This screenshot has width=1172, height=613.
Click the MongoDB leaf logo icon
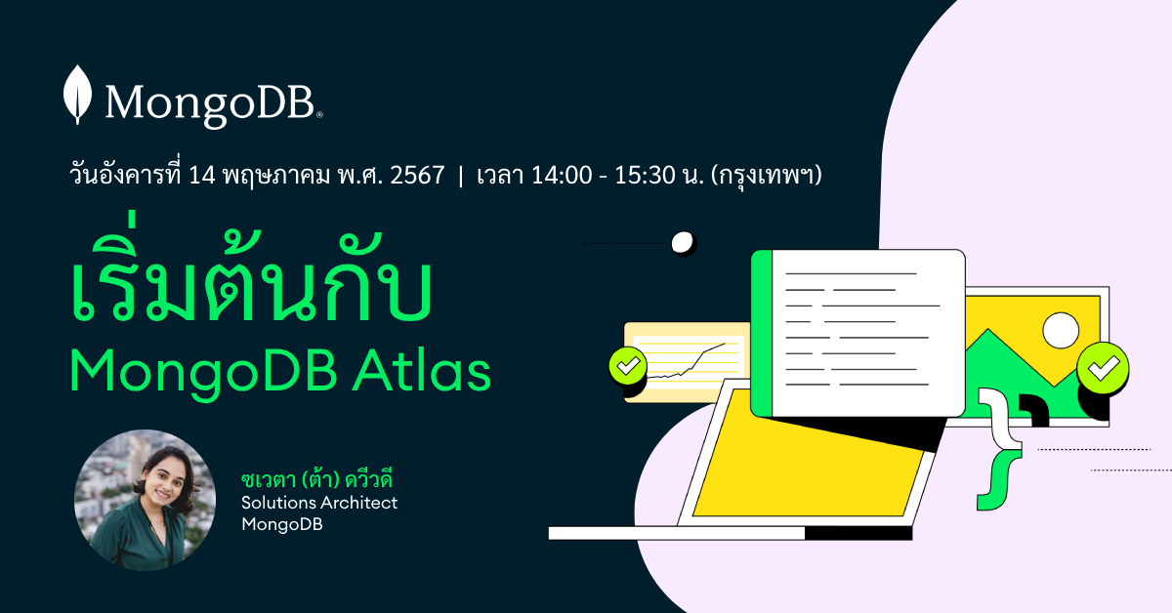pos(77,95)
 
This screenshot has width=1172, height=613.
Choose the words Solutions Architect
pos(319,503)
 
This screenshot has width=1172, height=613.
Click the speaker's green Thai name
pos(322,480)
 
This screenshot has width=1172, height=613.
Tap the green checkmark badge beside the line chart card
pos(627,366)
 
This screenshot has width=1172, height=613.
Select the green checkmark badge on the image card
pos(1104,369)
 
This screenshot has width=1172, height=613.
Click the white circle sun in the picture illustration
pos(1061,331)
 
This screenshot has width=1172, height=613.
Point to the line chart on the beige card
pos(689,361)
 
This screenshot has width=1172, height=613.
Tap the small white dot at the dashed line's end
pos(683,242)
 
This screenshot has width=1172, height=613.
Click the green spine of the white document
pos(762,333)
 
